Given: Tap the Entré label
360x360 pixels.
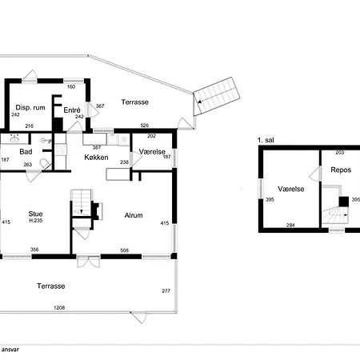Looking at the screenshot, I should point(72,110).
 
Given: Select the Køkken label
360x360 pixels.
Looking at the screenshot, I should point(96,158).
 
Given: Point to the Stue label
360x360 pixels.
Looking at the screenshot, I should point(35,214).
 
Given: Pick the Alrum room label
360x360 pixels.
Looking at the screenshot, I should point(133,215).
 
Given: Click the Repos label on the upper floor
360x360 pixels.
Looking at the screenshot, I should point(330,170).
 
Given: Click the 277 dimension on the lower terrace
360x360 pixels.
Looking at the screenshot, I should point(166,290).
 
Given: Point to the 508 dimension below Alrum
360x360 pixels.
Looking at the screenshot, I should point(124,250).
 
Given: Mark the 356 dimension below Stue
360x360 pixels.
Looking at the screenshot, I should point(34,250).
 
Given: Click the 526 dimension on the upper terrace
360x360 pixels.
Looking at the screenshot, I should point(145,125).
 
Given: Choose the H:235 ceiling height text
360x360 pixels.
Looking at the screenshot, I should point(35,222).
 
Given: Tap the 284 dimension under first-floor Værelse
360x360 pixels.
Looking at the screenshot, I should point(290,226).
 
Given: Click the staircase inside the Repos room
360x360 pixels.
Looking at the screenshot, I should point(332,214).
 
